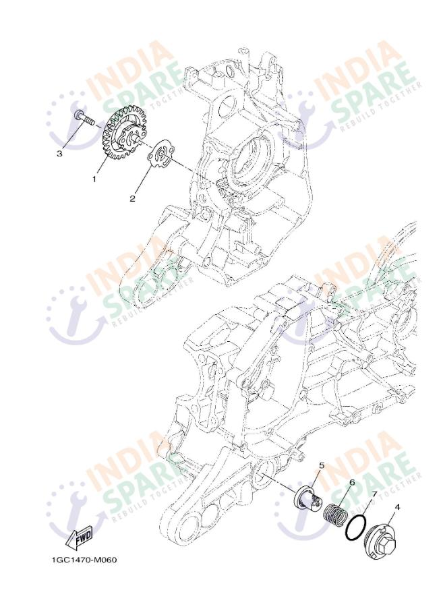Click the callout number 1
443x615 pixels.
pyautogui.click(x=94, y=179)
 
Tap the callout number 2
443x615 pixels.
pyautogui.click(x=133, y=199)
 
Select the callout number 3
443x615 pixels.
pyautogui.click(x=59, y=154)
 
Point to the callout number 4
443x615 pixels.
pyautogui.click(x=397, y=507)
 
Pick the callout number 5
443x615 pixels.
pyautogui.click(x=322, y=465)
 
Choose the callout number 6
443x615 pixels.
pyautogui.click(x=352, y=482)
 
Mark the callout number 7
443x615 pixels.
pyautogui.click(x=374, y=494)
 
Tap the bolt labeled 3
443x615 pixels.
pyautogui.click(x=84, y=117)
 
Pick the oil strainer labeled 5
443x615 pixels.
pyautogui.click(x=308, y=498)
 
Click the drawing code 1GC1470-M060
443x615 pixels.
pyautogui.click(x=84, y=560)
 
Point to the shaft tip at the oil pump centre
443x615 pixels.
pyautogui.click(x=136, y=138)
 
